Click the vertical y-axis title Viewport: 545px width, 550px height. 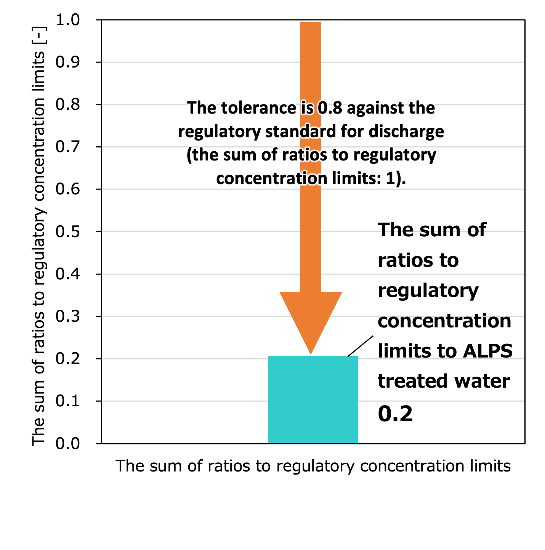click(x=38, y=236)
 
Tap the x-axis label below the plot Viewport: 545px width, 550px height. click(x=313, y=466)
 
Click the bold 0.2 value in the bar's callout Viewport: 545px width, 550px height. click(x=395, y=414)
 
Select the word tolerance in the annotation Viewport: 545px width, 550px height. click(x=259, y=108)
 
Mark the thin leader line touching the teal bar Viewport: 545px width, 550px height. click(x=361, y=346)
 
